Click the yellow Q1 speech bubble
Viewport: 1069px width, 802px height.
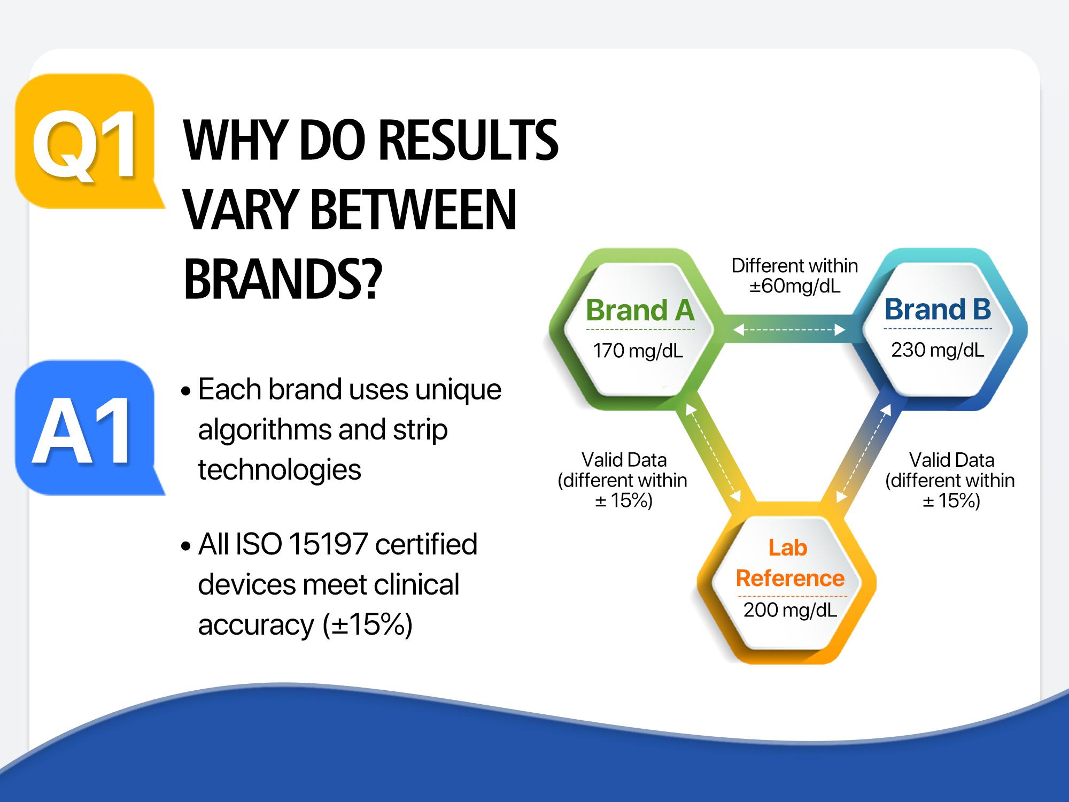(86, 141)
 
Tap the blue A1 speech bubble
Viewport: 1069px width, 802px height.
(86, 428)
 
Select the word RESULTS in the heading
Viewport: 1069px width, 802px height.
(469, 141)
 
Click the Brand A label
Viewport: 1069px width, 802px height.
(640, 310)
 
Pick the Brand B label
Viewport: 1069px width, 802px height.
(938, 309)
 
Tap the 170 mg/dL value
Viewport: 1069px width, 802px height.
(638, 351)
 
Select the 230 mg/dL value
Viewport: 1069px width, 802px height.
(938, 350)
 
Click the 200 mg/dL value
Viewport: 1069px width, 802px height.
(790, 610)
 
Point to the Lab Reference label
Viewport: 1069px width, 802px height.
(790, 563)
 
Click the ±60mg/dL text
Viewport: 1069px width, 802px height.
(795, 287)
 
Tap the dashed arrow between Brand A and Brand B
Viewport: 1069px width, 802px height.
(789, 330)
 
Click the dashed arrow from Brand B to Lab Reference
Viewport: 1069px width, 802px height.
(864, 453)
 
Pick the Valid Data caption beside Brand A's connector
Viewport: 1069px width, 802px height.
(623, 480)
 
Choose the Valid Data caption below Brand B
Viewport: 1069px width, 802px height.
(950, 480)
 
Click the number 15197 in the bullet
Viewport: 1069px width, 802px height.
(328, 544)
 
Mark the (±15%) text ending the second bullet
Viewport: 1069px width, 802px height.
(368, 624)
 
